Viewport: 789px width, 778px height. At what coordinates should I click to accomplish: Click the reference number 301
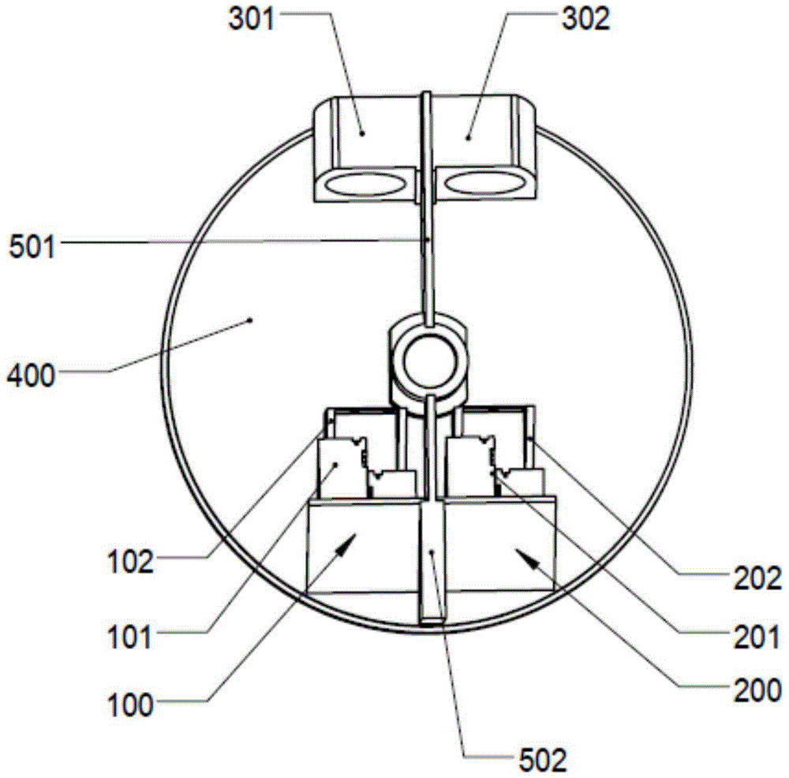[252, 20]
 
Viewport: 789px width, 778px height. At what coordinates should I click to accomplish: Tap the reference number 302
[585, 20]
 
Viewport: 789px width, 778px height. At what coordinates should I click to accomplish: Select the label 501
[32, 247]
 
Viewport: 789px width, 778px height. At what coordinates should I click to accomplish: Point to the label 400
[31, 376]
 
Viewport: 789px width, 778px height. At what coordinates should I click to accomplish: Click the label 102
[130, 562]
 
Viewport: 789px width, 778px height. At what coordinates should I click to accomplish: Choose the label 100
[130, 705]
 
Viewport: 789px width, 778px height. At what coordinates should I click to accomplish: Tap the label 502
[543, 760]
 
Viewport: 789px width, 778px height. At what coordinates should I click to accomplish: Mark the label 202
[757, 578]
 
